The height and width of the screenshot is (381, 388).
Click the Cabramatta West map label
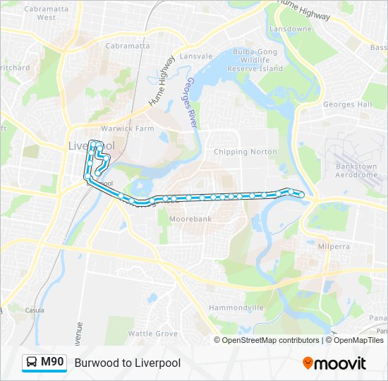[x=40, y=13]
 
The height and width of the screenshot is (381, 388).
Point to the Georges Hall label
[x=347, y=104]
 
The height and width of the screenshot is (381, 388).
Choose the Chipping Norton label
[x=245, y=152]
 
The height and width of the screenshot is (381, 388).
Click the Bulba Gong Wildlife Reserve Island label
[x=257, y=61]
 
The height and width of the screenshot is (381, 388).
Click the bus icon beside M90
[x=32, y=363]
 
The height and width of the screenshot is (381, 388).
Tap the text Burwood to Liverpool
[x=127, y=363]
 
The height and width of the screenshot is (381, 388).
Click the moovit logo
[x=334, y=363]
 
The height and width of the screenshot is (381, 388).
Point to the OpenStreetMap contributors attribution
[x=270, y=340]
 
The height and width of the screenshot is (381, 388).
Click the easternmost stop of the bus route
[x=302, y=194]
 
